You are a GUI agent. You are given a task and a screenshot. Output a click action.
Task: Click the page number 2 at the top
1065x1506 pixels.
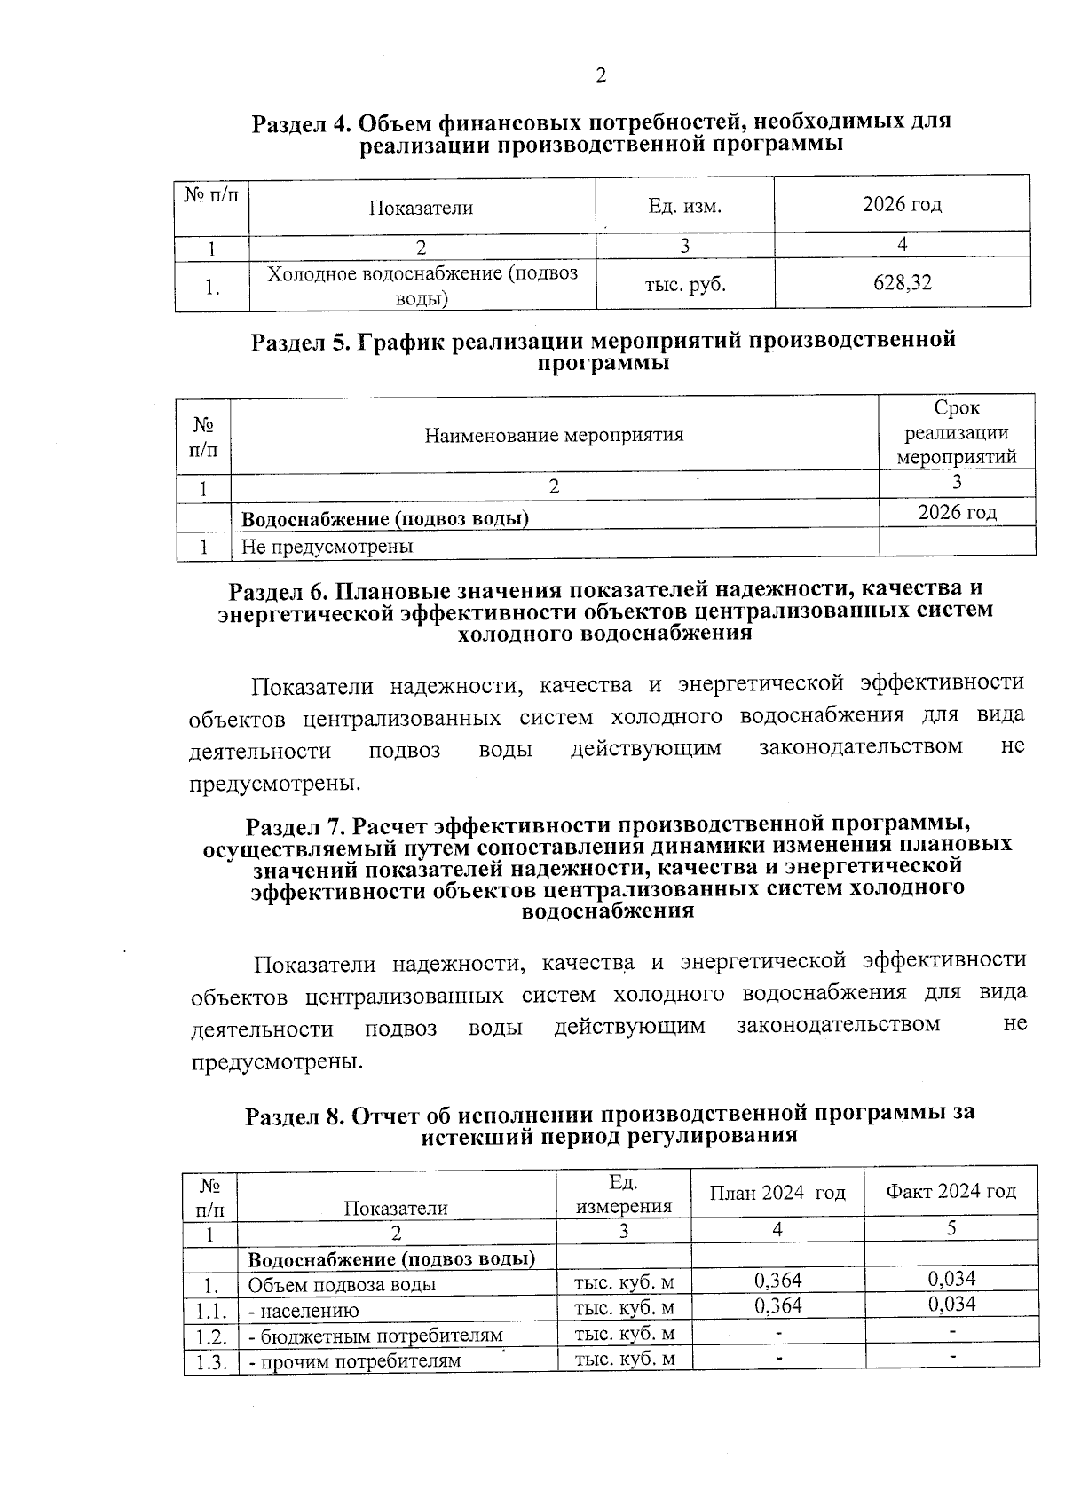click(x=601, y=76)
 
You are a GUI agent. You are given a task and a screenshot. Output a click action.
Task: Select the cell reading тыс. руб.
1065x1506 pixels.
click(x=684, y=285)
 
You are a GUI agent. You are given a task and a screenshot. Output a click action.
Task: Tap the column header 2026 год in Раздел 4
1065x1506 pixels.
click(x=902, y=205)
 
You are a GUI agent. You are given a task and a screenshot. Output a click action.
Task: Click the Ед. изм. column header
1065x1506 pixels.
click(x=684, y=208)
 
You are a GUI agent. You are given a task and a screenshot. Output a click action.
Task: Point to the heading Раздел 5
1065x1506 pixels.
click(x=603, y=351)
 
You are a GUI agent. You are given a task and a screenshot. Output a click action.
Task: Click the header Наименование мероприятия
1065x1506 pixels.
click(x=554, y=435)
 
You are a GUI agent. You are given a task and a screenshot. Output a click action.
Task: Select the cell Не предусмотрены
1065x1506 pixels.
click(x=327, y=546)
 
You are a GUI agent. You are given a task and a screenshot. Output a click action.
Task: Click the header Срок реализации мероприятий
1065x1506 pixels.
click(x=957, y=433)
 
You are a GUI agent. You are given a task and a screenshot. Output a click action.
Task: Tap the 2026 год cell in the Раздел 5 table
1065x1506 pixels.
click(x=957, y=512)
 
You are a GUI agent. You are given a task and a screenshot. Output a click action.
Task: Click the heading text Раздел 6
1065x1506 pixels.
click(x=605, y=611)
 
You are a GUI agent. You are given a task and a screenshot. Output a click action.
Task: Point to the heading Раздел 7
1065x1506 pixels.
click(x=607, y=867)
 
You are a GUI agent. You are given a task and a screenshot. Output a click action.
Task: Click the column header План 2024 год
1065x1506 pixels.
click(x=777, y=1192)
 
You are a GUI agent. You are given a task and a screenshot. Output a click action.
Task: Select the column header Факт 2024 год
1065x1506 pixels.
click(x=951, y=1191)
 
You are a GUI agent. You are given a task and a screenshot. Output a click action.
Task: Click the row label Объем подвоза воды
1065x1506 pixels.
click(x=342, y=1285)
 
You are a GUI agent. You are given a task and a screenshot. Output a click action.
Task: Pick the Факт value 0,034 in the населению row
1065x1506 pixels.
click(x=951, y=1304)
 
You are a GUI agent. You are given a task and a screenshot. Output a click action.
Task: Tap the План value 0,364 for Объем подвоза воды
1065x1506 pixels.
click(x=777, y=1280)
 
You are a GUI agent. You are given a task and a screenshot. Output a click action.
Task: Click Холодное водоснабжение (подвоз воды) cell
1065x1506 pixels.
click(x=422, y=285)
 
